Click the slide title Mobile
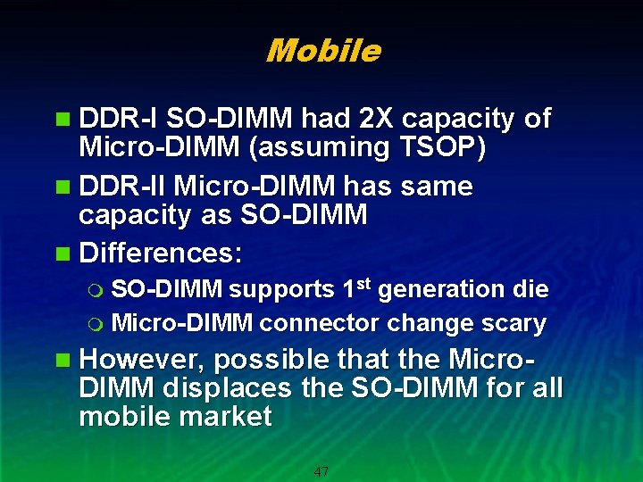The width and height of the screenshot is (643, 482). tap(322, 51)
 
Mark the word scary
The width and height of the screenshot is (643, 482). tap(514, 323)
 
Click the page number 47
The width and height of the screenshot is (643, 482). tap(321, 471)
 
